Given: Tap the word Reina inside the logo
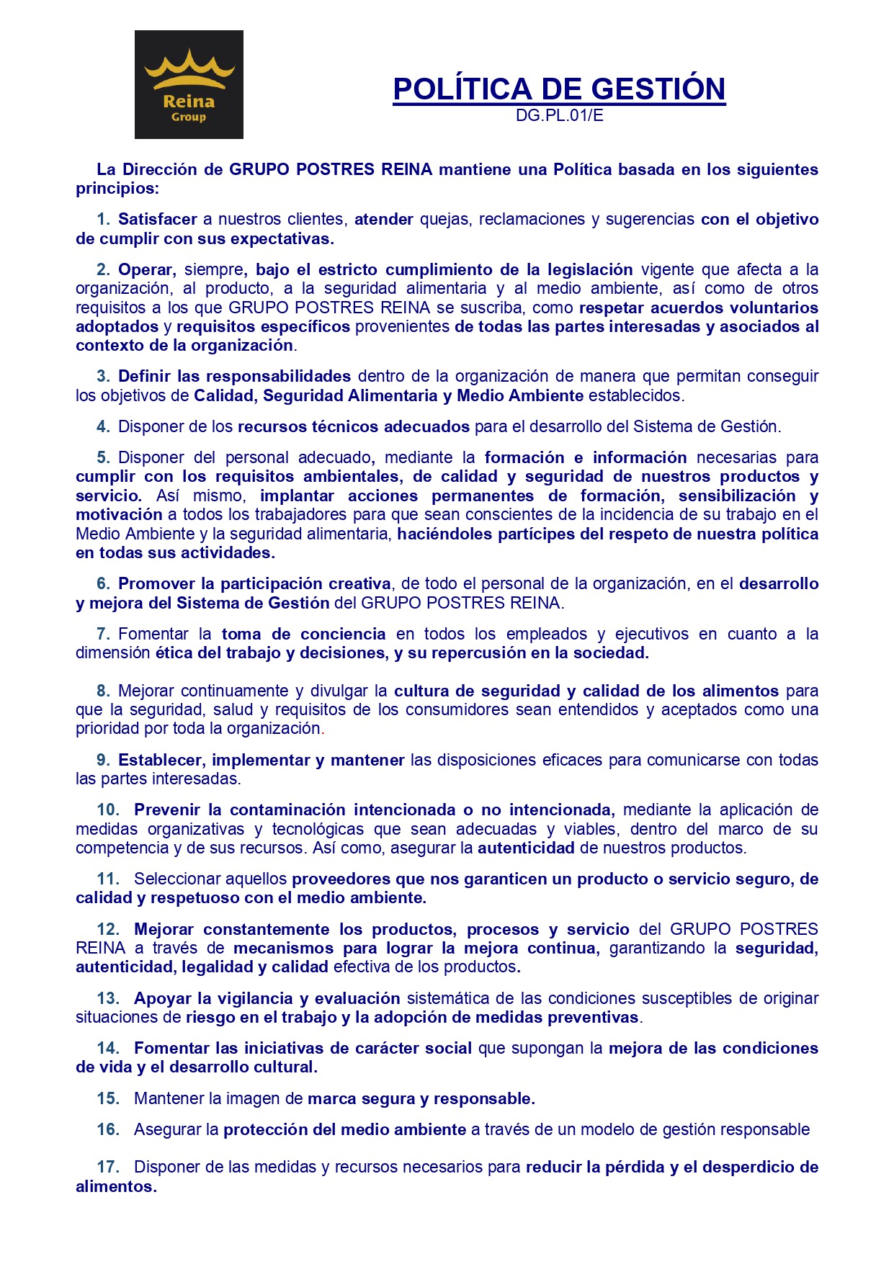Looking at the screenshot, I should [x=189, y=101].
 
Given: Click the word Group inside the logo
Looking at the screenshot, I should [x=189, y=117].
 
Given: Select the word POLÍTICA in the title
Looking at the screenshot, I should [x=462, y=89].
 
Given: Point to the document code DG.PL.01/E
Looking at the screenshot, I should [x=559, y=116].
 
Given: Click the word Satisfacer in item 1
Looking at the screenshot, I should [x=158, y=219].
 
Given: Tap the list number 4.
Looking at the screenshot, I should [x=103, y=426].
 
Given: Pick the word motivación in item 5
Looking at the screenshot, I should [x=119, y=514].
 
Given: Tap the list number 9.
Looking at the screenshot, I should [x=103, y=760].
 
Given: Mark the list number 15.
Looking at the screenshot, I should [x=107, y=1098].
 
